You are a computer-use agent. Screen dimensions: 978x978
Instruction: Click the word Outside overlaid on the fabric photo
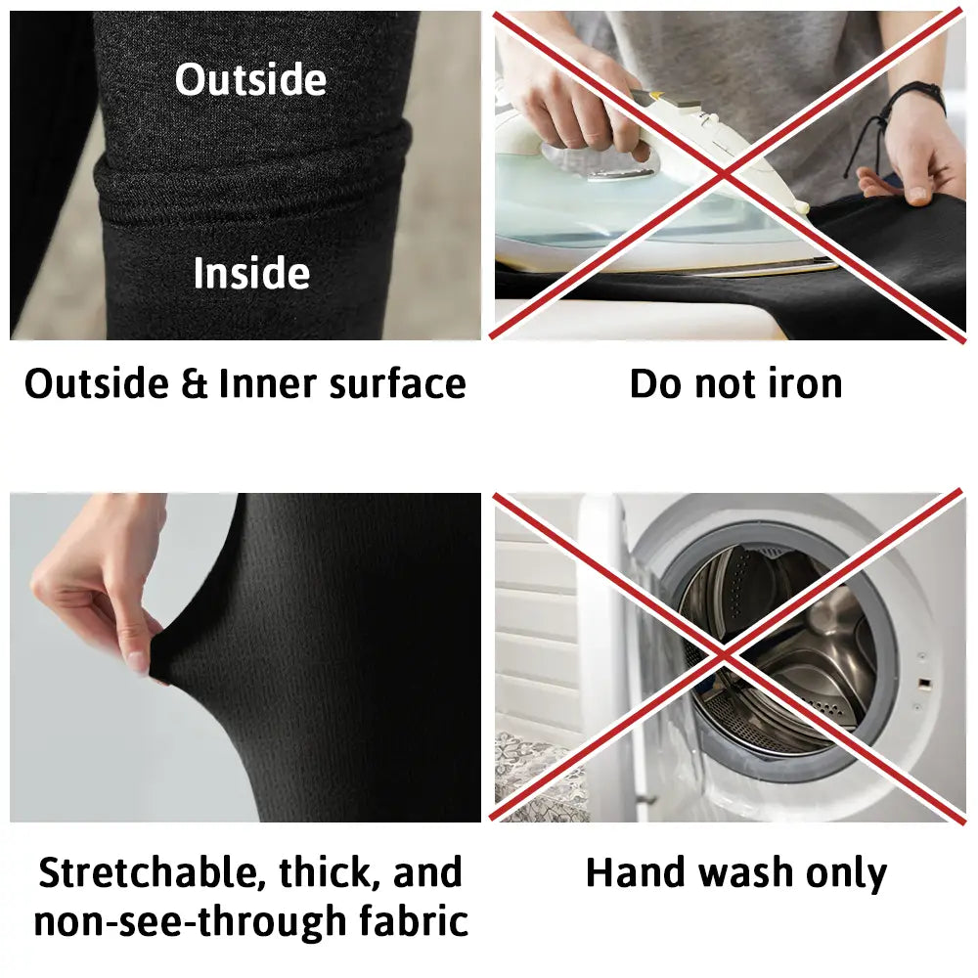click(x=250, y=79)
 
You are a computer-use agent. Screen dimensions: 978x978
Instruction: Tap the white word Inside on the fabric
click(x=251, y=273)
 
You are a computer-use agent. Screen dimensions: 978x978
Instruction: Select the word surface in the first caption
click(x=397, y=383)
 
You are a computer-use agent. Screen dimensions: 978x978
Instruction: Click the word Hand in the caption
click(x=636, y=871)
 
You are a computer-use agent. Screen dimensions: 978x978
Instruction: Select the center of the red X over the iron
click(x=726, y=175)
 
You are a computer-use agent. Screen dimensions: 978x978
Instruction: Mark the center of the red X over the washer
click(x=726, y=655)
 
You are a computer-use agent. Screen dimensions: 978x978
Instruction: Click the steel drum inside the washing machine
click(x=779, y=648)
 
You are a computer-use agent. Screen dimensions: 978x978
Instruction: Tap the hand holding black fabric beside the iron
click(x=913, y=156)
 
